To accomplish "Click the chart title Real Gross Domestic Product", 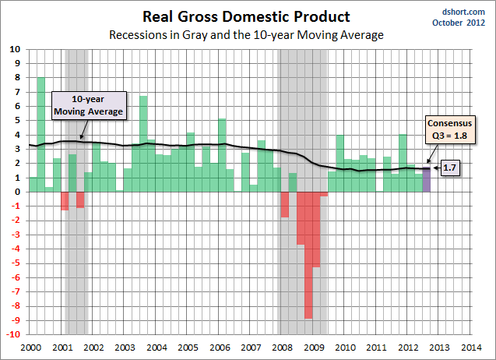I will (246, 16).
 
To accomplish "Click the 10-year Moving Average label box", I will (88, 106).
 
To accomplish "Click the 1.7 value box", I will (450, 168).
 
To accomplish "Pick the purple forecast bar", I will (427, 180).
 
